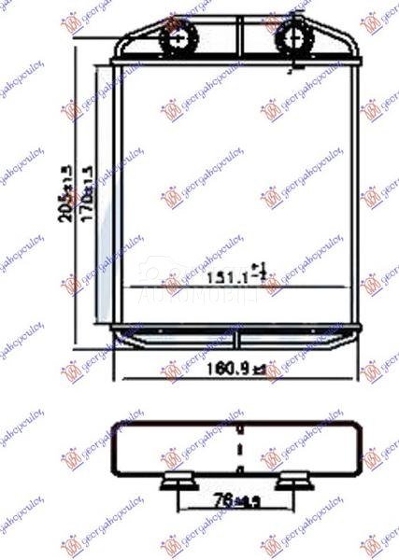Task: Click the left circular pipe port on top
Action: [180, 39]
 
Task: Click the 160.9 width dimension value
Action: [225, 371]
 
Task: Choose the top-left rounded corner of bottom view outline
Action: [116, 426]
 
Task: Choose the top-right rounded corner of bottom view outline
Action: [360, 426]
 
